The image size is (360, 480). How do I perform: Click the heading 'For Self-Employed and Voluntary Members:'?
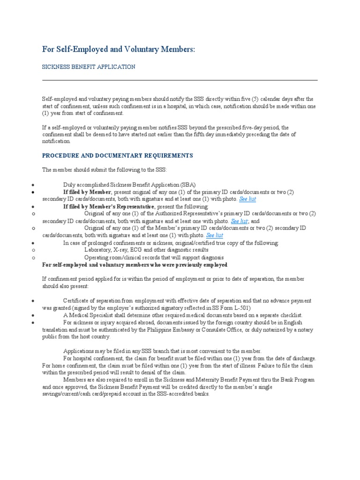pos(118,49)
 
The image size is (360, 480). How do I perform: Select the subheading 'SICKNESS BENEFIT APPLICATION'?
pos(89,67)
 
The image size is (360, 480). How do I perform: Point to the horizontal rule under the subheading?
pos(180,80)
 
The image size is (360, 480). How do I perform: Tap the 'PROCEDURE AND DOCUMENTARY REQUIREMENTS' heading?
pos(117,155)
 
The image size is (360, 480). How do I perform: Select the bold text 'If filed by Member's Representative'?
pos(108,206)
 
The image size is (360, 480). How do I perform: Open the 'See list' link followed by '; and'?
pos(239,221)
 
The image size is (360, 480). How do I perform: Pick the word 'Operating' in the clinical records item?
pos(97,257)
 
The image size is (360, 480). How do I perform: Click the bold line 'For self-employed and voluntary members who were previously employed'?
pos(135,264)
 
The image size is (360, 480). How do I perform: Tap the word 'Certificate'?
pos(77,300)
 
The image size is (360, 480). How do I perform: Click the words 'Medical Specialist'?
pos(92,315)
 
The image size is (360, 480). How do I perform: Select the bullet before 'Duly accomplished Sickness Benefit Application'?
pos(32,185)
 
